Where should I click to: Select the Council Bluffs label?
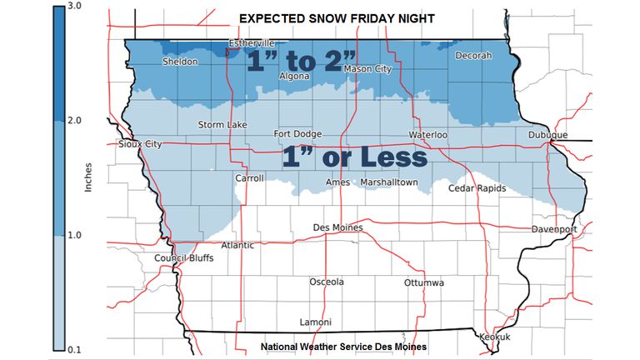click(184, 258)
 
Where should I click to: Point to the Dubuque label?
click(547, 135)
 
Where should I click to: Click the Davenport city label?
click(555, 229)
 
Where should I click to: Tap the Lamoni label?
click(315, 322)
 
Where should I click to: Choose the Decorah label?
click(474, 56)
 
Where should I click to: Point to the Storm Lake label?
click(222, 125)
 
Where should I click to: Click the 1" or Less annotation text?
click(354, 157)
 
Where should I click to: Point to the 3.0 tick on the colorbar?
click(73, 7)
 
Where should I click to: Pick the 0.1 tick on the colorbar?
click(73, 347)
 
